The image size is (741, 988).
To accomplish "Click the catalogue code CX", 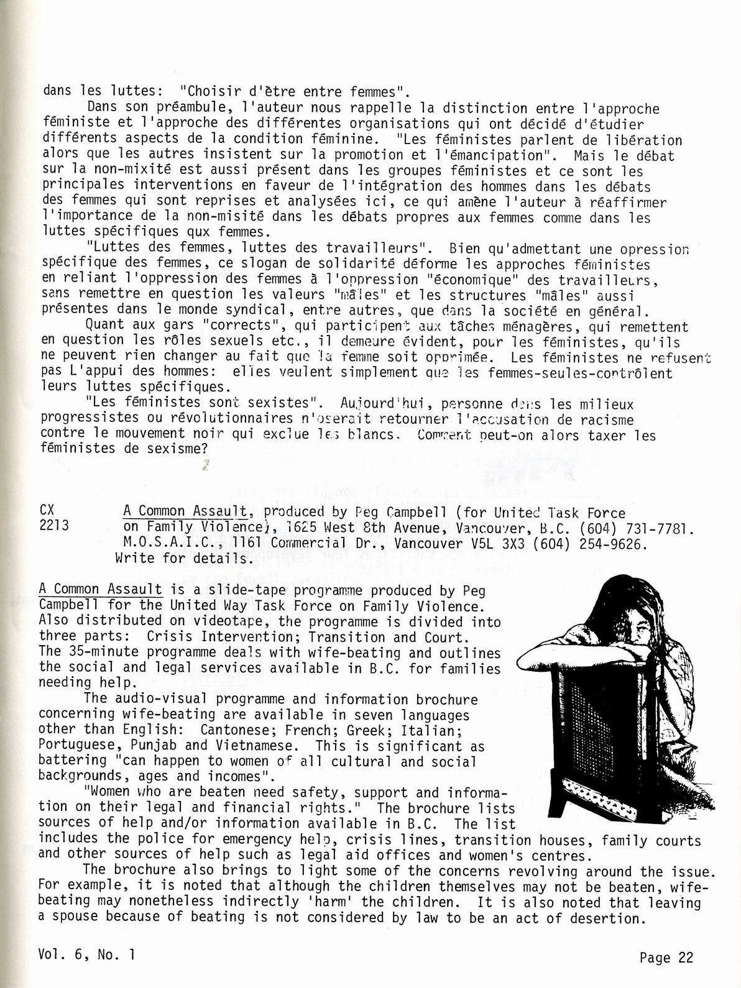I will point(47,510).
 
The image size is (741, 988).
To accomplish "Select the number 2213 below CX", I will point(55,526).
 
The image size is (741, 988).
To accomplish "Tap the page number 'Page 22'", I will point(666,958).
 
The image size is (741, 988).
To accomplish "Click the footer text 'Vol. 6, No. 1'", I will point(86,954).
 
